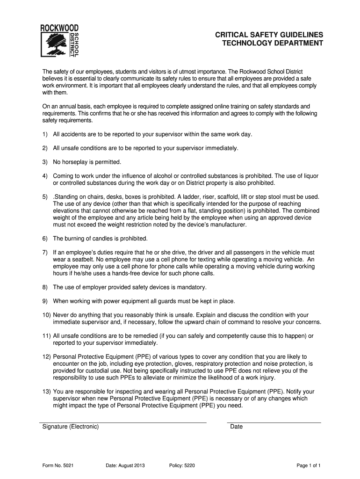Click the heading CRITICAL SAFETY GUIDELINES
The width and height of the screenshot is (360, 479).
coord(269,35)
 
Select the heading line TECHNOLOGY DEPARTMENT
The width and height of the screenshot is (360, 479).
coord(272,44)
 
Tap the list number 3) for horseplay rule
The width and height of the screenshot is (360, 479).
coord(45,162)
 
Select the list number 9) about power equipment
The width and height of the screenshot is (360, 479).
coord(45,301)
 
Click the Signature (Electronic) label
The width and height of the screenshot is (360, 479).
coord(71,427)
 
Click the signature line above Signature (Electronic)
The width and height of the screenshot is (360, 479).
coord(122,422)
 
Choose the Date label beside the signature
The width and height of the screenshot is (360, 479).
coord(237,427)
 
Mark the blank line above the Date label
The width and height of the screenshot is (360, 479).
coord(274,422)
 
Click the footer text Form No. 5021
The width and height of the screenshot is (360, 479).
coord(58,465)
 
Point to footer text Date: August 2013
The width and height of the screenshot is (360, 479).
coord(125,465)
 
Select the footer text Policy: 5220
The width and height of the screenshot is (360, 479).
coord(183,465)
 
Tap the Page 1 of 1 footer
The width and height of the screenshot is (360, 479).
coord(309,465)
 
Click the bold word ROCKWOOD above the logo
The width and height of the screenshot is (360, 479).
coord(58,28)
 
